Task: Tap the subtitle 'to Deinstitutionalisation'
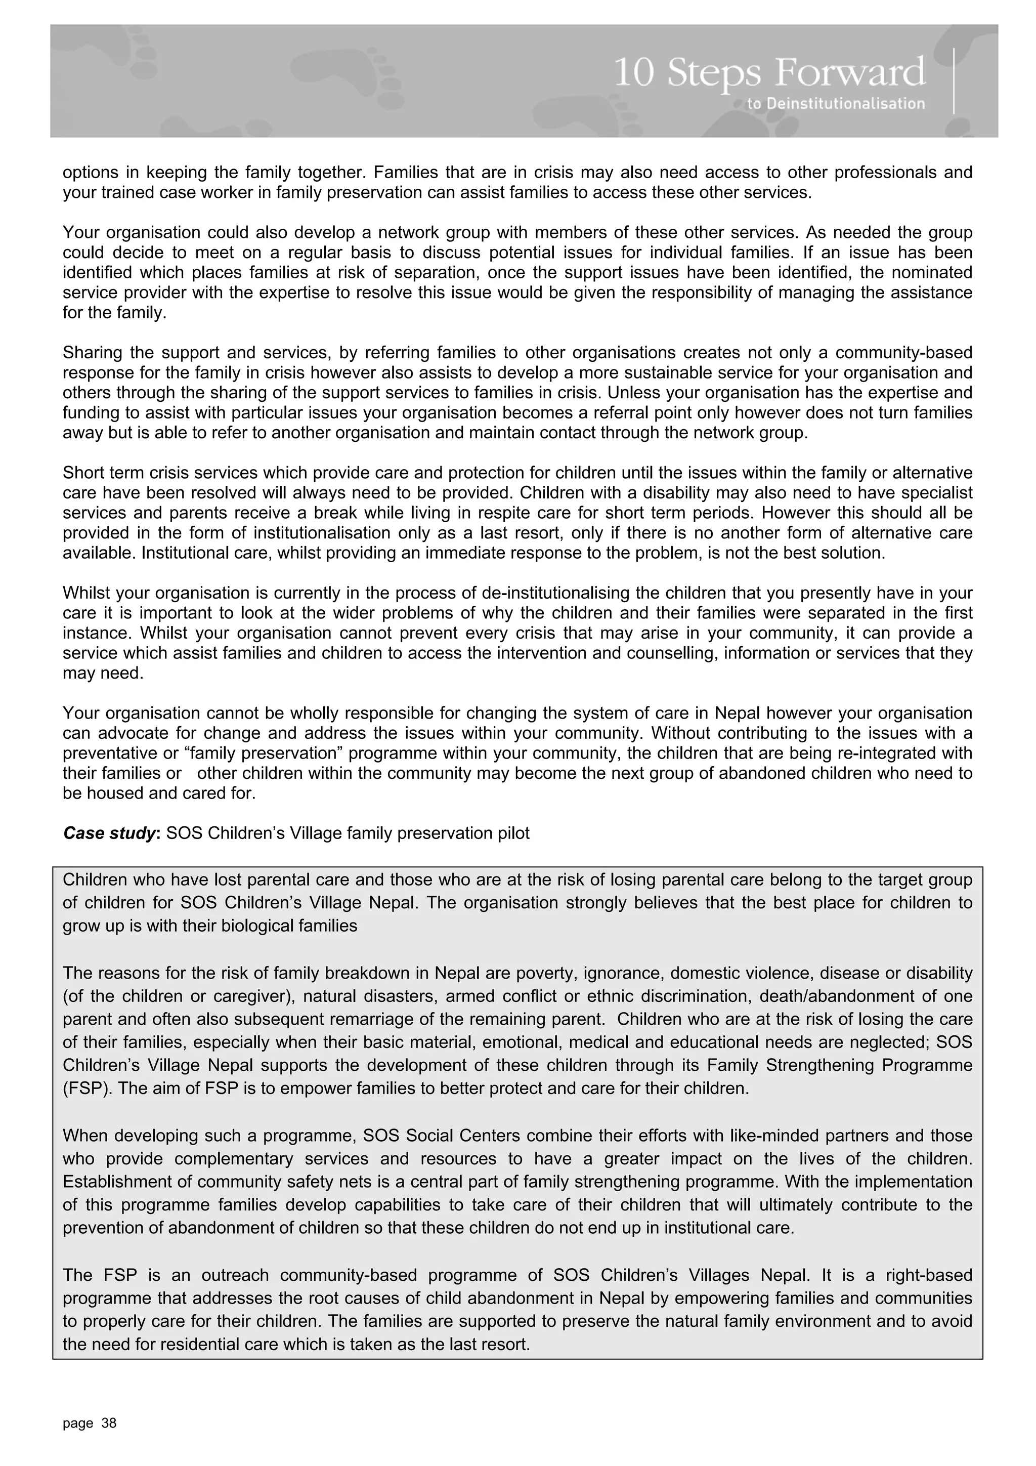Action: click(x=836, y=103)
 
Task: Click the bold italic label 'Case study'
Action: click(x=109, y=833)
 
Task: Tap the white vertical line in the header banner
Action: click(x=954, y=80)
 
